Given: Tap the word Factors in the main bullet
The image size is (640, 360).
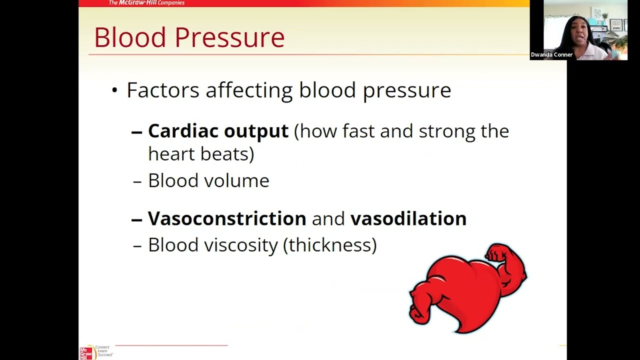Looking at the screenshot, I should click(163, 90).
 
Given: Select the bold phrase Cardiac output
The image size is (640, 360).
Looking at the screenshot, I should click(218, 131).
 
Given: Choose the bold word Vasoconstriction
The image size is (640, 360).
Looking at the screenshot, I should click(227, 218).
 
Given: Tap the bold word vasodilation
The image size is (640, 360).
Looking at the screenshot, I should click(408, 218).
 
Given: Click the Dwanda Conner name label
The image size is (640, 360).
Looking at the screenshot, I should click(551, 55).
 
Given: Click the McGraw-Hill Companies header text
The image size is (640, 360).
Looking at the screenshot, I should click(146, 3).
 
